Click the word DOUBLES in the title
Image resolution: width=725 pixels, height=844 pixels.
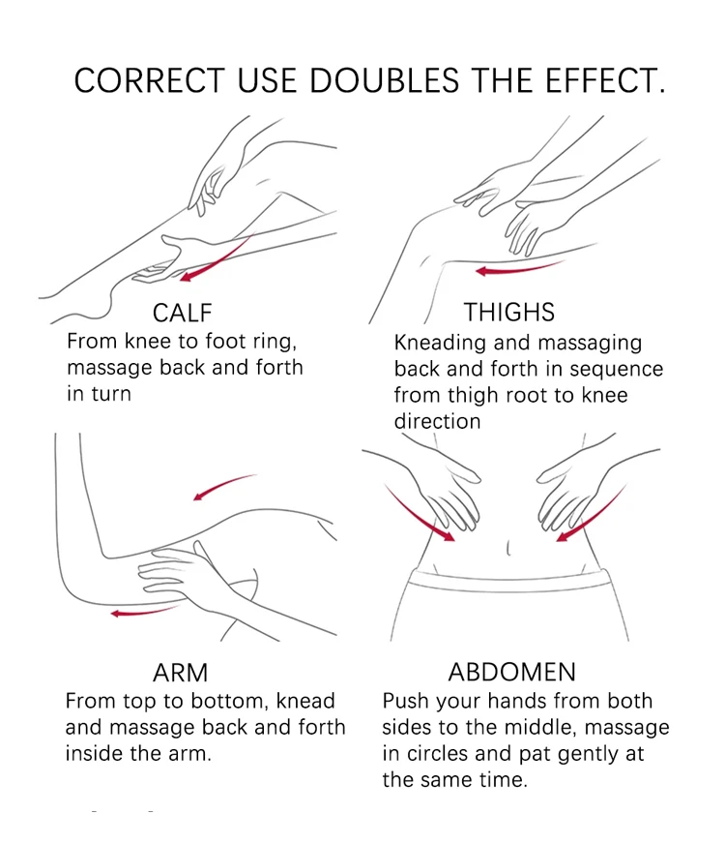384,80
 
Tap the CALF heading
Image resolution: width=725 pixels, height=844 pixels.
182,313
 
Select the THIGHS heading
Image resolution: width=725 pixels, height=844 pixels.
509,313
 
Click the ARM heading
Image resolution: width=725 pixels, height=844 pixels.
180,673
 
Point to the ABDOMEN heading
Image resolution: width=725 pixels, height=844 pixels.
511,673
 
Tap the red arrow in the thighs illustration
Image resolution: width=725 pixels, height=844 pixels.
519,268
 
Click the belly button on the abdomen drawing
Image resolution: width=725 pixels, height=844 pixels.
507,549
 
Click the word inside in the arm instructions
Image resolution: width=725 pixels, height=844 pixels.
95,753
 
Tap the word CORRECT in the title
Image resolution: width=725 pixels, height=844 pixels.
149,80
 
